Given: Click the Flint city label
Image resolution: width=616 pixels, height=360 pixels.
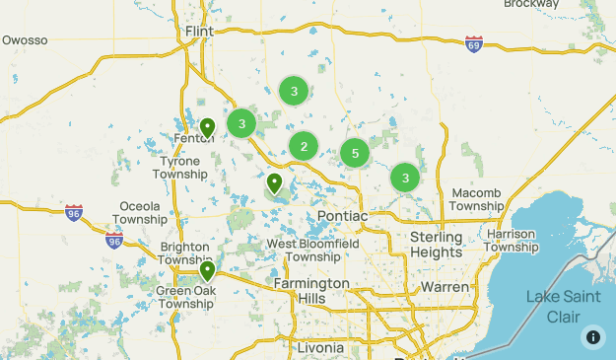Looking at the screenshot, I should (x=200, y=32).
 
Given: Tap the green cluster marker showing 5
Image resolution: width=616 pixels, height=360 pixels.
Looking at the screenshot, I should (x=354, y=153).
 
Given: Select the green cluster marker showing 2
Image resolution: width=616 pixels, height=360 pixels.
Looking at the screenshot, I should (x=304, y=147).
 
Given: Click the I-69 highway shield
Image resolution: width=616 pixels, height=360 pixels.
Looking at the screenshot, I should (x=474, y=43).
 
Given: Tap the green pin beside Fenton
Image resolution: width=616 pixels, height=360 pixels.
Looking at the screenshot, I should (x=207, y=128).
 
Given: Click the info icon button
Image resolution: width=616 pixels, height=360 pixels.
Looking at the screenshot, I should (x=592, y=336).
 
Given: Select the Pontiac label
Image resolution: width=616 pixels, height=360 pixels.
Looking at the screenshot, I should (x=342, y=216).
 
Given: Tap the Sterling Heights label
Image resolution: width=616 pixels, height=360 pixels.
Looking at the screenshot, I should (x=436, y=245).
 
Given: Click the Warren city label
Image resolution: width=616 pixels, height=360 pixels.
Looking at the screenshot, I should (x=445, y=287).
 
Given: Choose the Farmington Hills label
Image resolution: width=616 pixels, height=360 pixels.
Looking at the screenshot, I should (x=310, y=291).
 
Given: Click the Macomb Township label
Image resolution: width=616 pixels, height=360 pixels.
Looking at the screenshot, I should (x=477, y=199).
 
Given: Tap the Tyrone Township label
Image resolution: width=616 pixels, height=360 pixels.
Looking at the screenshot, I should (x=180, y=167).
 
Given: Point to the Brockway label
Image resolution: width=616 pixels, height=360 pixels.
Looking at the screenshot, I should (x=530, y=4).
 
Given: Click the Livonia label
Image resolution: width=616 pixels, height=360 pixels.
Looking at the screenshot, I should (x=318, y=347).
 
